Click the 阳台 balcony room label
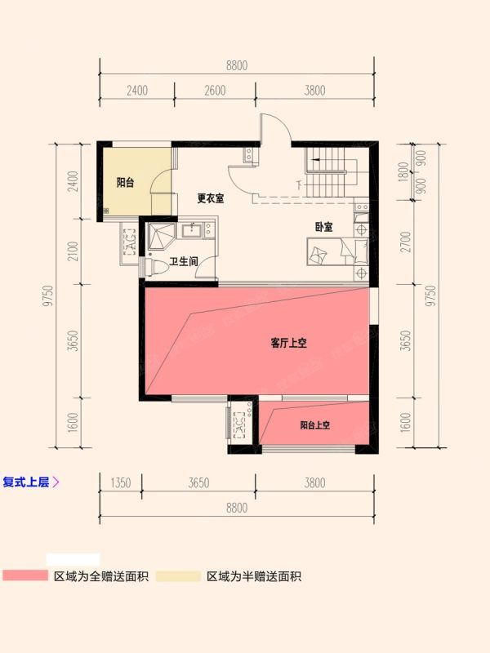tap(125, 182)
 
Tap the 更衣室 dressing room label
tap(211, 198)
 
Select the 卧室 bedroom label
tap(323, 227)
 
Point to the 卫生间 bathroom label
tap(184, 261)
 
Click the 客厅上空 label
tap(289, 343)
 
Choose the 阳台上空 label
tap(315, 425)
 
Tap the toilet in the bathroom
tap(155, 267)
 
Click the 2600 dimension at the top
tap(215, 91)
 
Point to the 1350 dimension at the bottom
tap(121, 482)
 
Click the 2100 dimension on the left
tap(73, 251)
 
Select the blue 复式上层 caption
tap(26, 482)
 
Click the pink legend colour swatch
tap(25, 576)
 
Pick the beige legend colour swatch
tap(178, 576)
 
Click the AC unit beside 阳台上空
tap(239, 424)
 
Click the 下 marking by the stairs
tap(299, 184)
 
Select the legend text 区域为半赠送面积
tap(254, 576)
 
